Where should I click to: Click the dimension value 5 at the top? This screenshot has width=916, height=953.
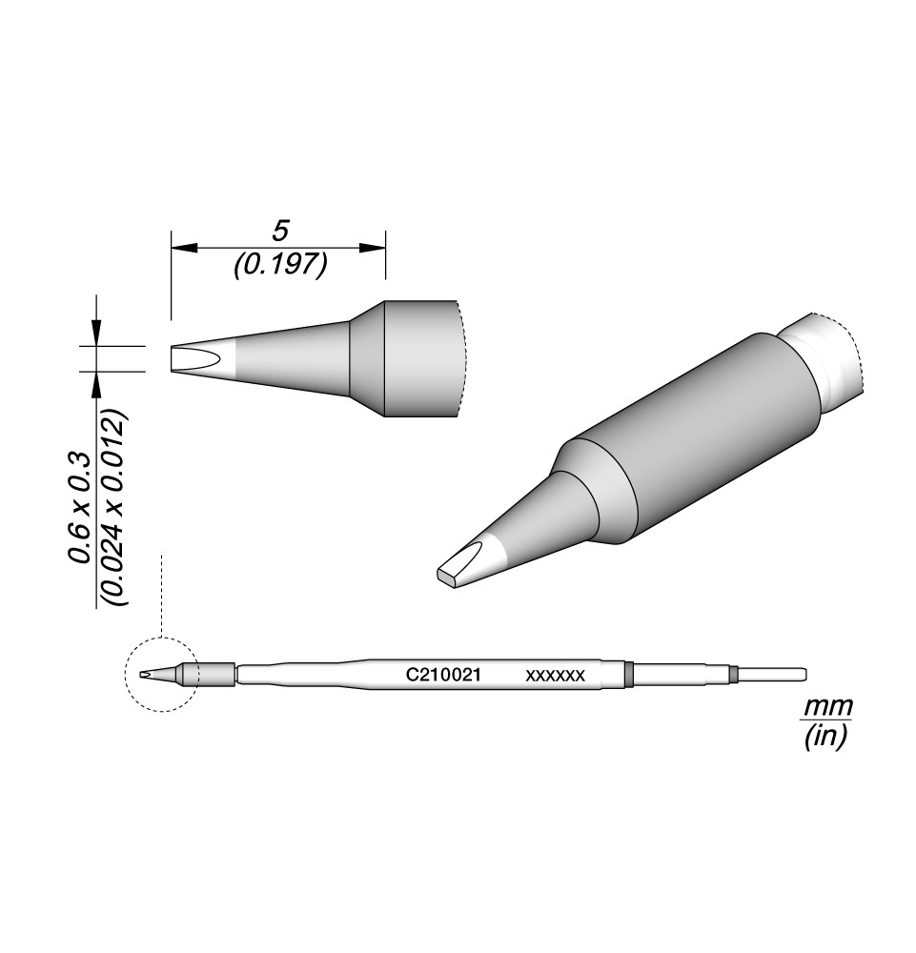click(279, 231)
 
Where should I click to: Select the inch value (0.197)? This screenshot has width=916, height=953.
click(281, 265)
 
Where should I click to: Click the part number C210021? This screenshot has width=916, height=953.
click(444, 675)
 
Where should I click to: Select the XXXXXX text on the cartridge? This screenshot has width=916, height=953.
click(555, 676)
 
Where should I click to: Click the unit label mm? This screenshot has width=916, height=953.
click(828, 707)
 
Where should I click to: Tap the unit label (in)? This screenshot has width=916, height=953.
click(825, 738)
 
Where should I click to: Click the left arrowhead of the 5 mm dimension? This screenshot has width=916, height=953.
click(184, 248)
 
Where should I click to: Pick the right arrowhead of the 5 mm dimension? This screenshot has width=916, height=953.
click(372, 248)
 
